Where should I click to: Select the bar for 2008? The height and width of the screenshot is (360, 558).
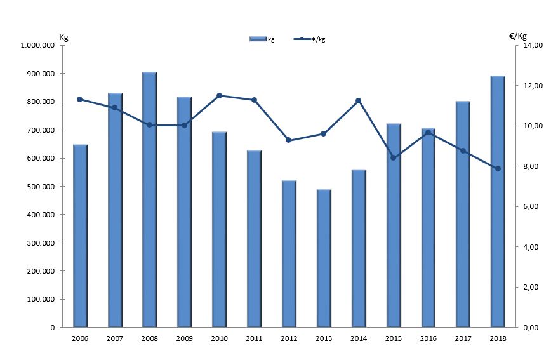[149, 199]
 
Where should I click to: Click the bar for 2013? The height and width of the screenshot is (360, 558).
[324, 258]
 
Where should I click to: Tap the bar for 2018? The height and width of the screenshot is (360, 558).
[498, 201]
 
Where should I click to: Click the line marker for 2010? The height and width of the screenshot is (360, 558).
[219, 95]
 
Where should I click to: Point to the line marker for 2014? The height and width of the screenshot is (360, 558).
[359, 100]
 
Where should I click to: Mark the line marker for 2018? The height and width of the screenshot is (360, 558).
[498, 168]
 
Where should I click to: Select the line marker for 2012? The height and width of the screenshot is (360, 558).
[289, 140]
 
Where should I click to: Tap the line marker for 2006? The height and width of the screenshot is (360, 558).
[79, 99]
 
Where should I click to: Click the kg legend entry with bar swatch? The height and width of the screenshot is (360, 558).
[262, 39]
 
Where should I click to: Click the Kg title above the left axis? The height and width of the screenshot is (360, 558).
[63, 36]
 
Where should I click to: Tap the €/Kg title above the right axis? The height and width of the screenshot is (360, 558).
[518, 36]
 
